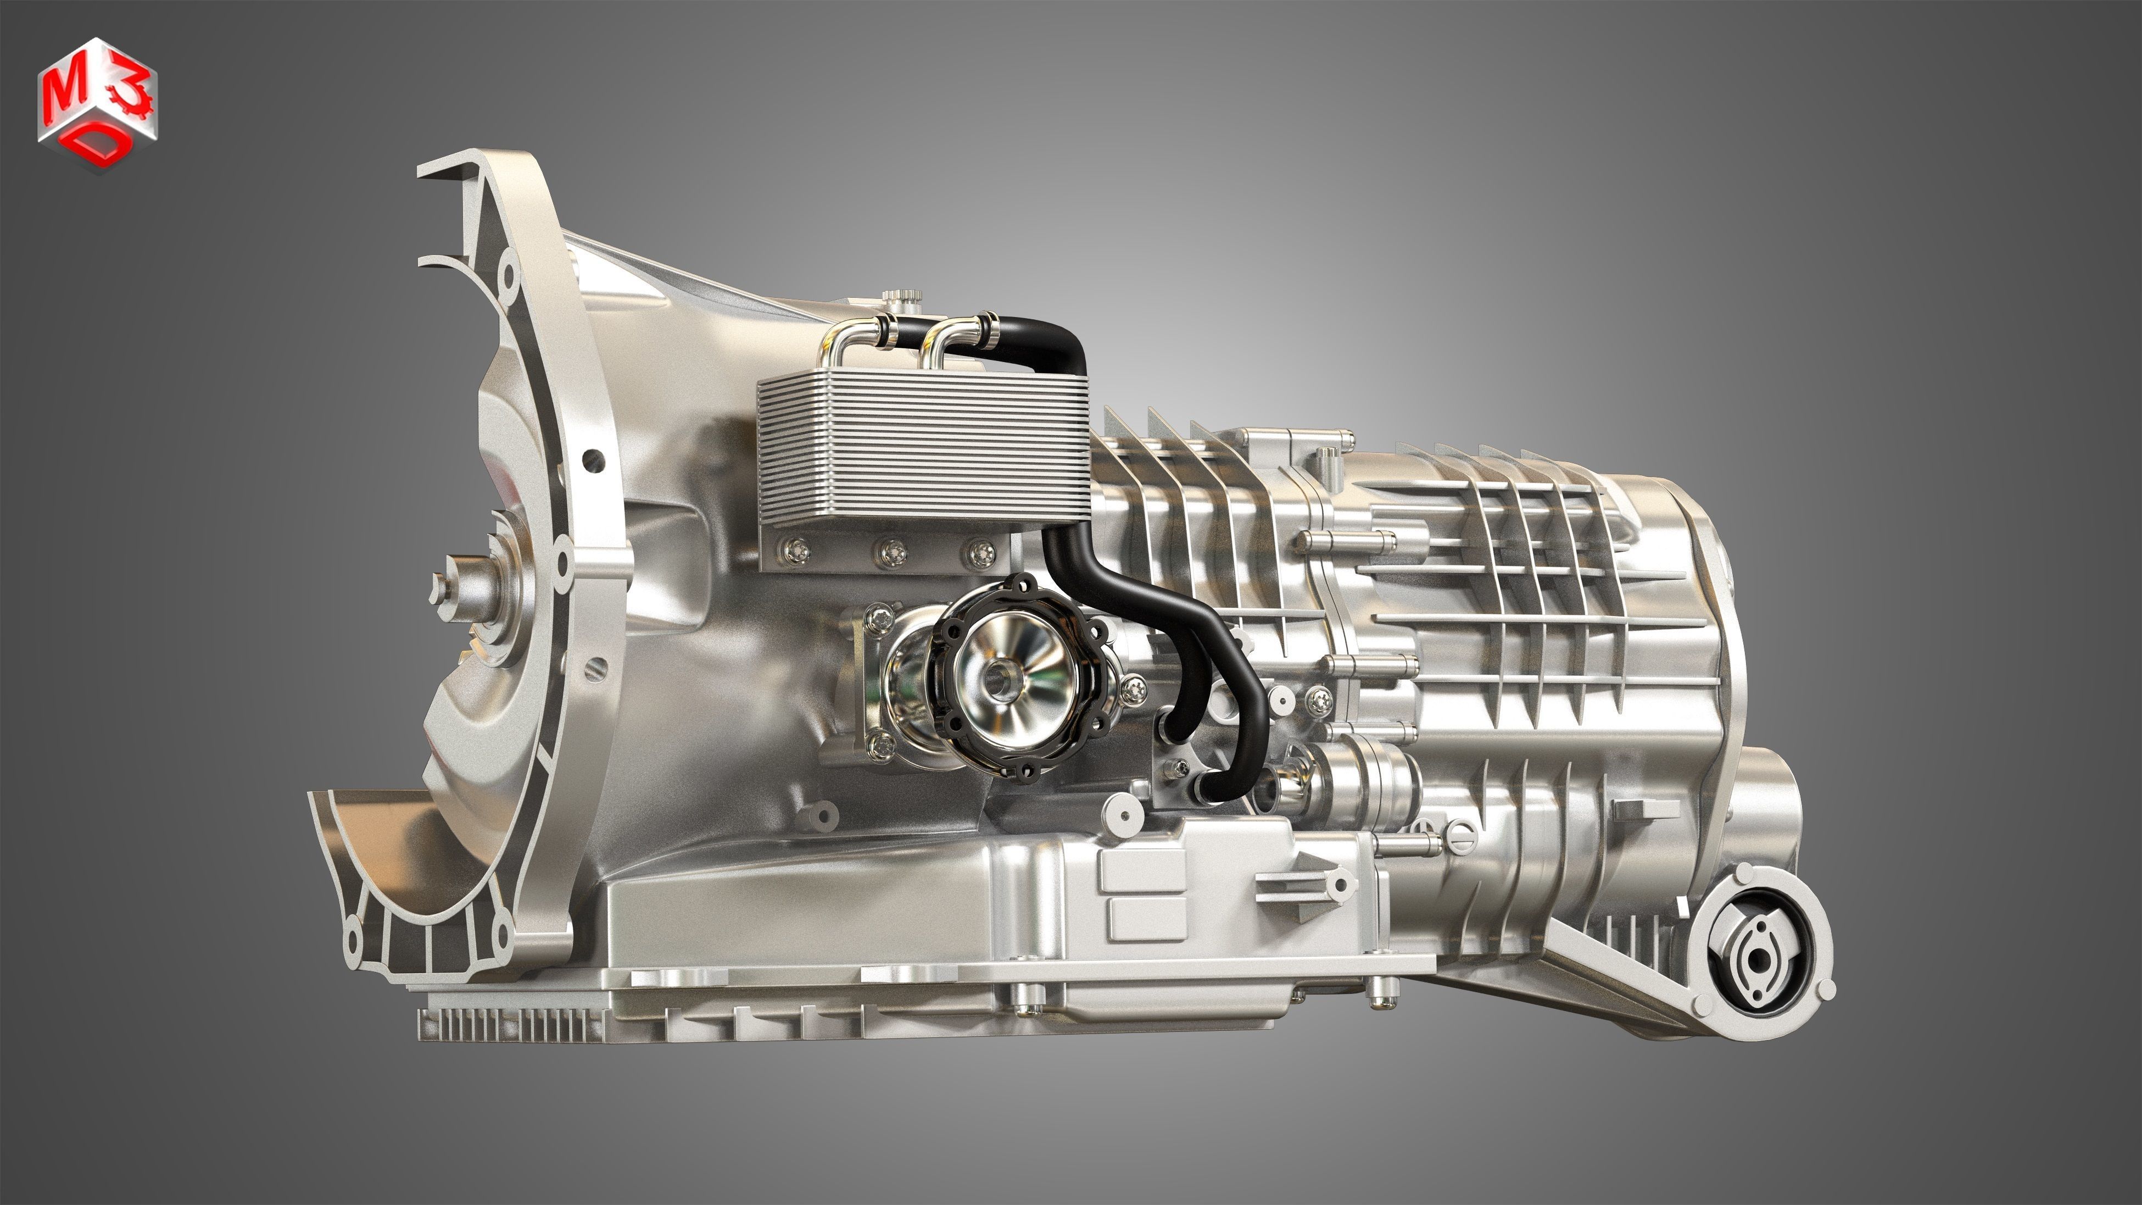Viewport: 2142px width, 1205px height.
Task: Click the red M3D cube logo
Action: (97, 104)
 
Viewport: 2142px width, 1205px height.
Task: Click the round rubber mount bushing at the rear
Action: (1757, 959)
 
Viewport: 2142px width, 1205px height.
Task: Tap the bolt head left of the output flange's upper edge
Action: (879, 618)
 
